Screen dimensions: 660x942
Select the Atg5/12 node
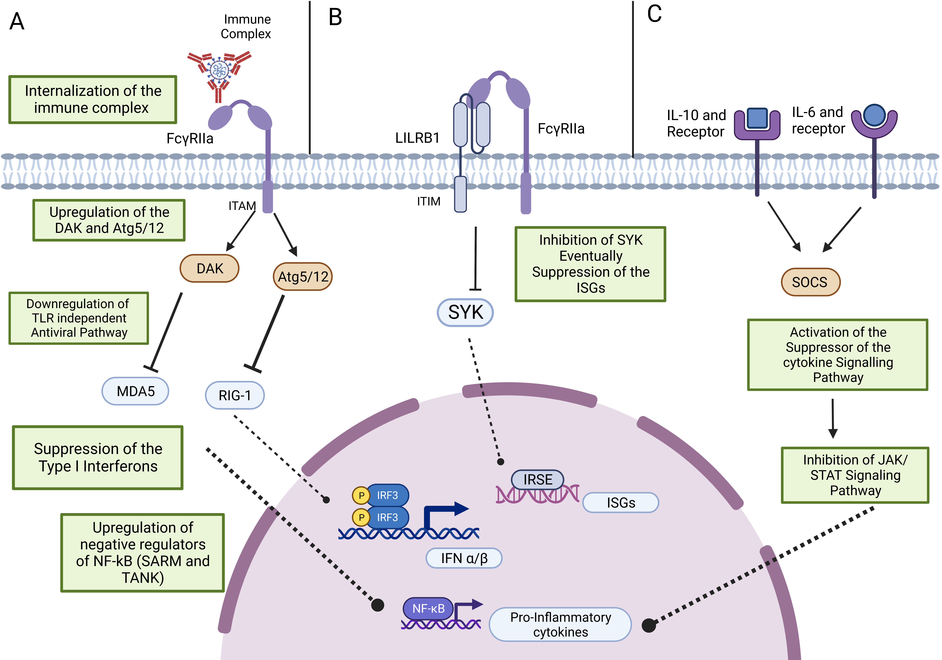(303, 276)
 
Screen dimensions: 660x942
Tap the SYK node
(465, 313)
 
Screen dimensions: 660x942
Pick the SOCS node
(810, 282)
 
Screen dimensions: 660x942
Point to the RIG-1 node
(235, 395)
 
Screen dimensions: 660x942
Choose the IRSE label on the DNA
(537, 479)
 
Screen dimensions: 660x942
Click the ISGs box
(621, 503)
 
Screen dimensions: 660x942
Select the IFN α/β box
(464, 558)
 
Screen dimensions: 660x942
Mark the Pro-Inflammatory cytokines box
(560, 624)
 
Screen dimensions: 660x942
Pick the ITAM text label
(242, 206)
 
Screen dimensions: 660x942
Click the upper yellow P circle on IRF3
(361, 495)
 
